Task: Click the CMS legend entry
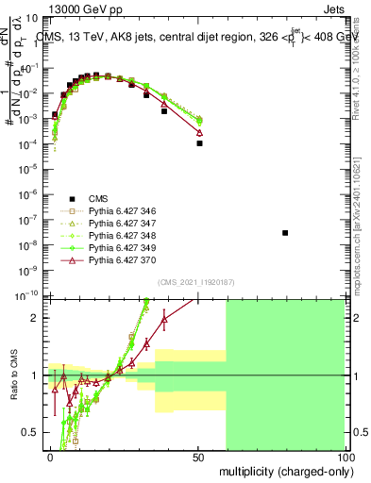coord(99,198)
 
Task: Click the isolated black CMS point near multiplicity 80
coord(285,232)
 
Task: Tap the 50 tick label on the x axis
coord(198,456)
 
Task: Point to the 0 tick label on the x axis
coord(50,456)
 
